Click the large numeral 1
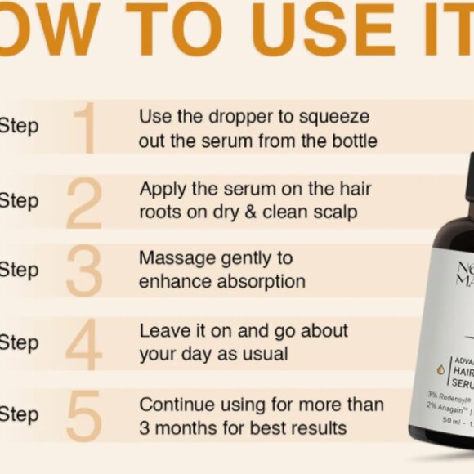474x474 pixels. [87, 128]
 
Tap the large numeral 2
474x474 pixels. [84, 201]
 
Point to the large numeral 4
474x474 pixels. [84, 342]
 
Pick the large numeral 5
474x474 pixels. [84, 414]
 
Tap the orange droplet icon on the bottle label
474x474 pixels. [440, 369]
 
